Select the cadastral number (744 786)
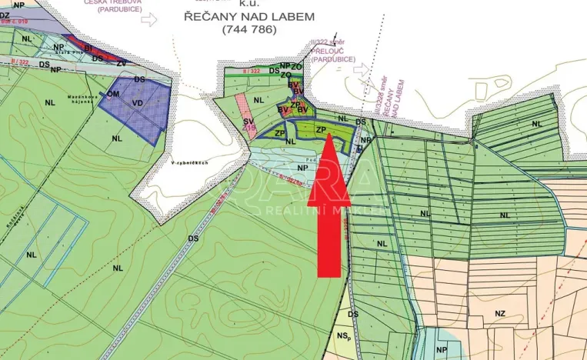tap(242, 30)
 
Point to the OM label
tap(113, 94)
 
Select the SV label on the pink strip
tap(248, 121)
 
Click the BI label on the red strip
tap(88, 48)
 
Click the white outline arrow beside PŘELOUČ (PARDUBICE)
tap(361, 69)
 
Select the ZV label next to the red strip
tap(121, 62)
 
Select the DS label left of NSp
tap(353, 314)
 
